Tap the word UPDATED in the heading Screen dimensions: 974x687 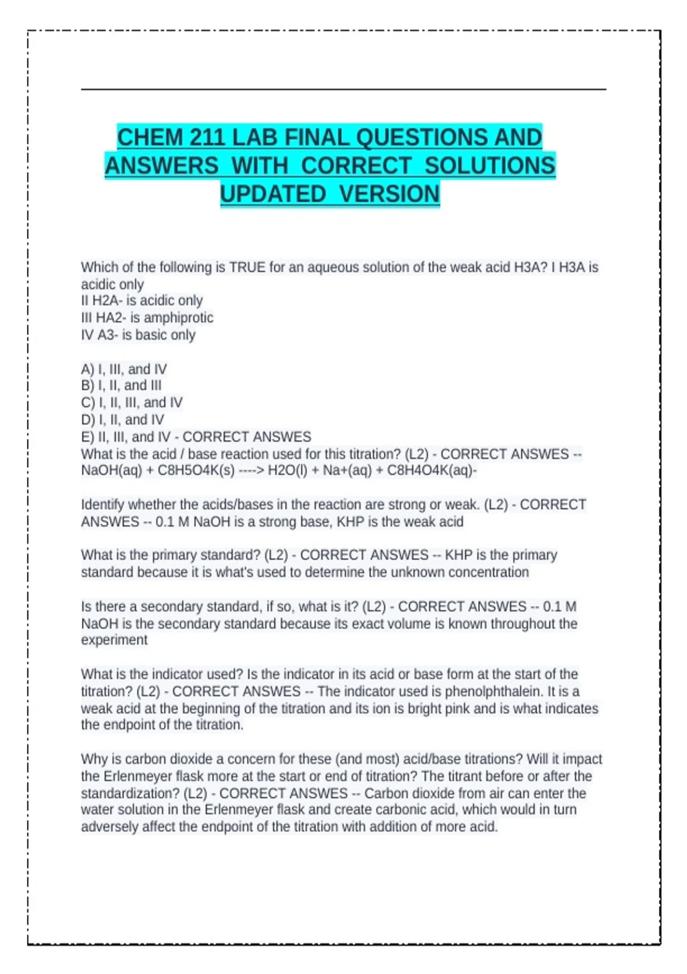point(273,194)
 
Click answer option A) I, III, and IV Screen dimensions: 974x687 point(124,369)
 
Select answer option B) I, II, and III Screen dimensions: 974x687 point(121,386)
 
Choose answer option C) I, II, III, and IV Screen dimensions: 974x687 point(132,403)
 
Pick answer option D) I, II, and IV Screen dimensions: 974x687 point(123,420)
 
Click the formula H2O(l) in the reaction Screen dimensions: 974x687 point(289,471)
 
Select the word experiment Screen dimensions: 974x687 point(114,640)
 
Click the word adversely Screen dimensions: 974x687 point(109,827)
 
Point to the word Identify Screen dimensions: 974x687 point(102,505)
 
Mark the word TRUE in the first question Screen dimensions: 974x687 point(247,268)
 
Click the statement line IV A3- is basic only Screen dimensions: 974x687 point(138,335)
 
